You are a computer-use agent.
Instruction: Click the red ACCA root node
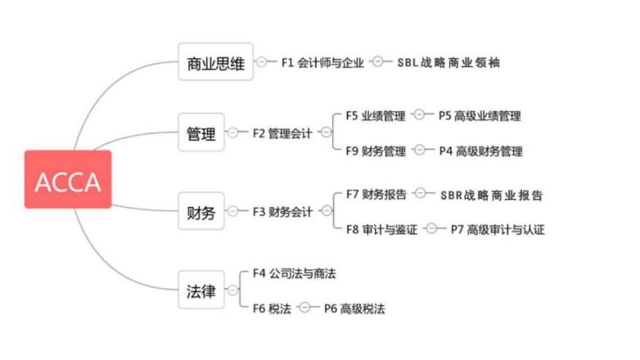pos(67,179)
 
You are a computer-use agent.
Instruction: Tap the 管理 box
pos(201,133)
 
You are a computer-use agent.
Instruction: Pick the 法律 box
pos(201,290)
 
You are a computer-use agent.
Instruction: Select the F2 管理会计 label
pos(282,133)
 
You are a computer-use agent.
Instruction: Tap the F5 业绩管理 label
pos(376,115)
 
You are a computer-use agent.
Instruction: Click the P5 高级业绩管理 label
pos(480,116)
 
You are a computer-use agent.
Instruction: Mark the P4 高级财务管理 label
pos(480,151)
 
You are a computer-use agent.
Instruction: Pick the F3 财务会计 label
pos(282,212)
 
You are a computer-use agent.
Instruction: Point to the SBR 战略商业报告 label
pos(491,195)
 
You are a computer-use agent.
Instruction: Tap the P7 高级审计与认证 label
pos(498,230)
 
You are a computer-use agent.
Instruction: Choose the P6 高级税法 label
pos(354,308)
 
